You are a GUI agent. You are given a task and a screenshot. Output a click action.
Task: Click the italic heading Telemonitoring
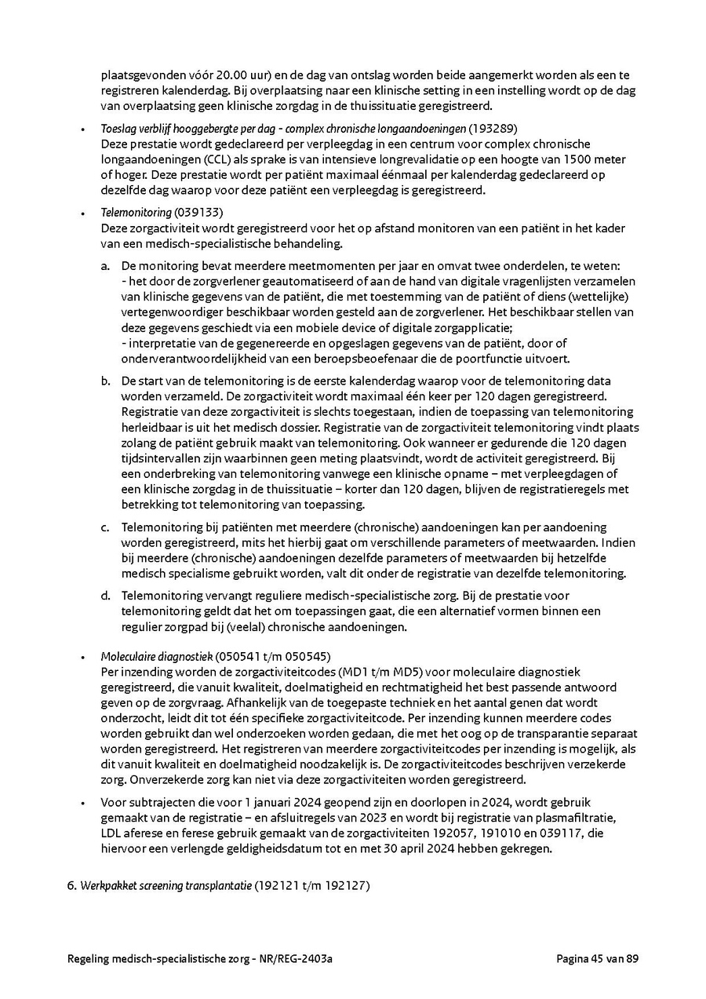point(136,212)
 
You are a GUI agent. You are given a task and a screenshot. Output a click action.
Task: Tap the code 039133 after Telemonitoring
point(196,212)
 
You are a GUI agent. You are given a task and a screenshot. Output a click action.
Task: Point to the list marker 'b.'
point(106,380)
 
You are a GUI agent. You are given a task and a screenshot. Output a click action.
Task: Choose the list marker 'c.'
point(106,527)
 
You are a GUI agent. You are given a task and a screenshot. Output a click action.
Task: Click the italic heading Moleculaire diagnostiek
point(156,656)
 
